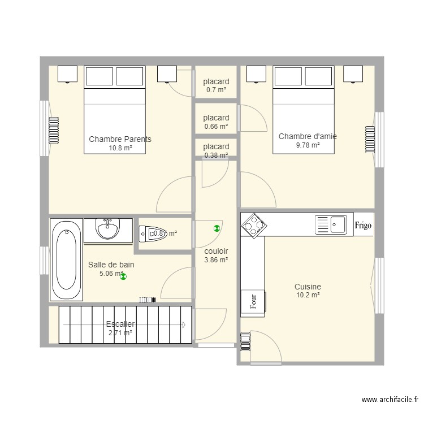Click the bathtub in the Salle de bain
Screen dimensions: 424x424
(x=67, y=260)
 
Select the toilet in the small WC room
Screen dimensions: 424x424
(x=149, y=233)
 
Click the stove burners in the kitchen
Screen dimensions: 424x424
(x=253, y=224)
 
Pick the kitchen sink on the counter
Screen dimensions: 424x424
(x=331, y=224)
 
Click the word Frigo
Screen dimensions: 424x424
(x=363, y=225)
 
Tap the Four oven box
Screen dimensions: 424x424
(x=253, y=300)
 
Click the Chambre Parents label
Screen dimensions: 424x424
(x=120, y=139)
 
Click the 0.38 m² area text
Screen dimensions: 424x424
(x=216, y=155)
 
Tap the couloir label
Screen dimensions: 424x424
(x=216, y=252)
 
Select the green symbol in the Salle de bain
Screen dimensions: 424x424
(x=124, y=276)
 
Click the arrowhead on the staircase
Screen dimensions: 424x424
(x=183, y=325)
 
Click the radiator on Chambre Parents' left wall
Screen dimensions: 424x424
(x=54, y=131)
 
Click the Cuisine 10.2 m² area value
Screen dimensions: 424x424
(x=308, y=295)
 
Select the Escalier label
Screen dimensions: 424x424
(x=120, y=324)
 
